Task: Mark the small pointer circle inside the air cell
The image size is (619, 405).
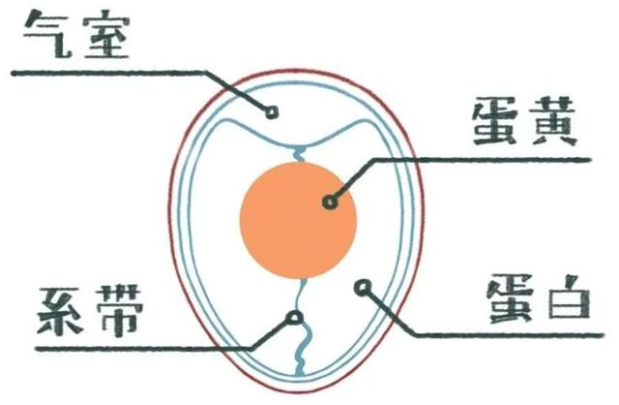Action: (x=273, y=112)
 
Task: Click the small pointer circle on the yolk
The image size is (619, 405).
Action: (x=330, y=202)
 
